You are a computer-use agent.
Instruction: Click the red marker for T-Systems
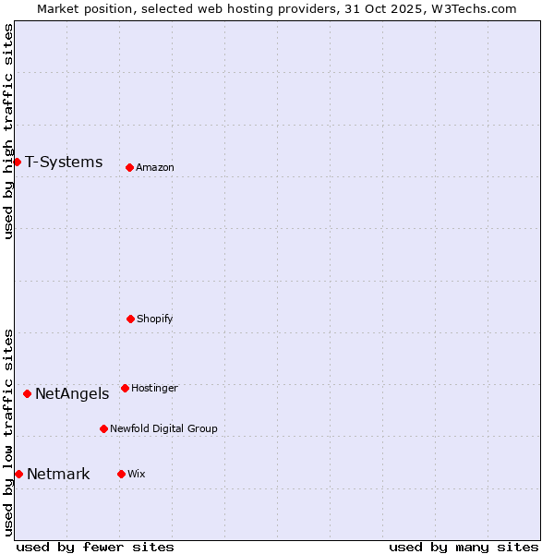coord(17,162)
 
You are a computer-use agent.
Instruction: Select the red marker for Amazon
coord(129,167)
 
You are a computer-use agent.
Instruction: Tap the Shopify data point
coord(130,319)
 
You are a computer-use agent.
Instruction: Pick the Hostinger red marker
coord(125,388)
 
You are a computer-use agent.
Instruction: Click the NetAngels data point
coord(27,393)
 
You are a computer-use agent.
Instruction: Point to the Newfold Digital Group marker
coord(103,428)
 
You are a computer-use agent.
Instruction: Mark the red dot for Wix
coord(121,474)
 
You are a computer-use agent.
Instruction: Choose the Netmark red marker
coord(18,474)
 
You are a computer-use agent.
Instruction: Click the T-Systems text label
coord(64,163)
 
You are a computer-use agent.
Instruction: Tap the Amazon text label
coord(154,168)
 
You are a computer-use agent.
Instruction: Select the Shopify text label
coord(154,319)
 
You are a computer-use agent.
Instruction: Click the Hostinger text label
coord(154,389)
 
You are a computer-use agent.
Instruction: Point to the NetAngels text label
coord(72,394)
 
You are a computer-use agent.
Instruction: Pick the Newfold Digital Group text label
coord(163,429)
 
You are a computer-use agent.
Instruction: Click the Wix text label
coord(136,475)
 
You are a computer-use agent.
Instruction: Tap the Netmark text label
coord(58,475)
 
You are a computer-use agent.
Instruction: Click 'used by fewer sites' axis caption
coord(95,547)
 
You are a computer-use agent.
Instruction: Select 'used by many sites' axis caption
coord(464,547)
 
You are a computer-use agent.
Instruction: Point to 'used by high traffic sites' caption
coord(8,131)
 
